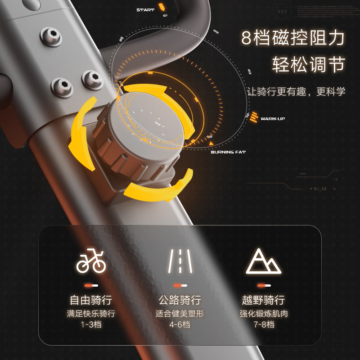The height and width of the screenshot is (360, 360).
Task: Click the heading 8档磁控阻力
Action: (293, 39)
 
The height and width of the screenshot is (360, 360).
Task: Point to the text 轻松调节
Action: (308, 65)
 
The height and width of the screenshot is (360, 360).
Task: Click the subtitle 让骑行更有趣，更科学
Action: (297, 91)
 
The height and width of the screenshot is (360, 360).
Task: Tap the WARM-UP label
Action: (273, 119)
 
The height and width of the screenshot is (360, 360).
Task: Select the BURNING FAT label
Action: (228, 152)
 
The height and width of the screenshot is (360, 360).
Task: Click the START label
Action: (145, 10)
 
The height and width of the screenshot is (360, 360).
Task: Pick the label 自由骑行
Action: (90, 300)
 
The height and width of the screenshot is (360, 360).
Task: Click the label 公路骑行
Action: (180, 300)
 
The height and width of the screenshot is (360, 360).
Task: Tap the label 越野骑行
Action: (263, 300)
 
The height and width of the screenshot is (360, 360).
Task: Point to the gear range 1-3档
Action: (90, 324)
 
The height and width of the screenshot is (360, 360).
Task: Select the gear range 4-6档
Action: (180, 324)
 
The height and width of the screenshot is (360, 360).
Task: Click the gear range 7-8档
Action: (263, 324)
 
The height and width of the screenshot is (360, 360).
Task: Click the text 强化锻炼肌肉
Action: (263, 313)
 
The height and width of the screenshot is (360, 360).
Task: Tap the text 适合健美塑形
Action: (180, 313)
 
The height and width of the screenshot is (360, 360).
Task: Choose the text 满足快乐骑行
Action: (90, 313)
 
